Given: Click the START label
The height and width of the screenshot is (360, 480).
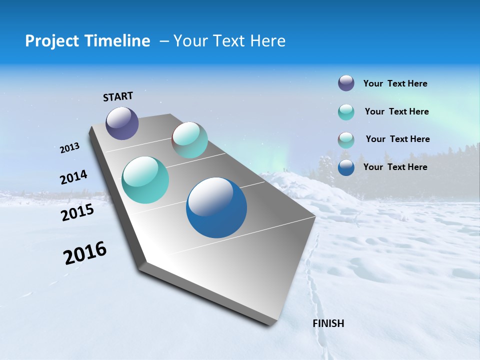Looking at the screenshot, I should pos(118,96).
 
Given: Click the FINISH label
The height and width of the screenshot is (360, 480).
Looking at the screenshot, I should pos(328,323).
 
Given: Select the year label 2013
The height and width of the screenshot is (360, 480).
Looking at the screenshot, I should pos(69,148).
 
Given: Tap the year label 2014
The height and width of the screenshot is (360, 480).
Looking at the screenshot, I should pos(73,177).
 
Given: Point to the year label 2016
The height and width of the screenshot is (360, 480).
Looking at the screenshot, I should pos(85,253).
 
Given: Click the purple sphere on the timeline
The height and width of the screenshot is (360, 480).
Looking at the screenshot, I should pos(122,123).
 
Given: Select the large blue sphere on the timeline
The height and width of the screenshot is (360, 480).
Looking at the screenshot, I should pos(216,207).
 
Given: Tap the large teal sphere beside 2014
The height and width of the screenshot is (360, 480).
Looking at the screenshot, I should pos(145,180).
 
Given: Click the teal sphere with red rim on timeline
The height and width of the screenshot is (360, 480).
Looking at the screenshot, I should pos(190,140).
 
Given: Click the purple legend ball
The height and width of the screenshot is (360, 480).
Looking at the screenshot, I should pos(346,83).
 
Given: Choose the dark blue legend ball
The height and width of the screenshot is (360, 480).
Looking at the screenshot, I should pos(346,167).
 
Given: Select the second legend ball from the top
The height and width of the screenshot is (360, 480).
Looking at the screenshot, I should pos(346,112).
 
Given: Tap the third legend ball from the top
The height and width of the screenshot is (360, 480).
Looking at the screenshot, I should pos(346,140).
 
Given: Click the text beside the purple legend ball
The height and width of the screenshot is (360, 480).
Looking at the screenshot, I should pos(395,83).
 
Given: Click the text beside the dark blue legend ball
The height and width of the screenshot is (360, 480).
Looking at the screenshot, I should pos(395,167).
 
